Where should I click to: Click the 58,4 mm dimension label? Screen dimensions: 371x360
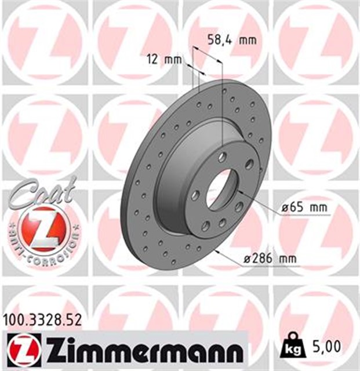click(x=231, y=40)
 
